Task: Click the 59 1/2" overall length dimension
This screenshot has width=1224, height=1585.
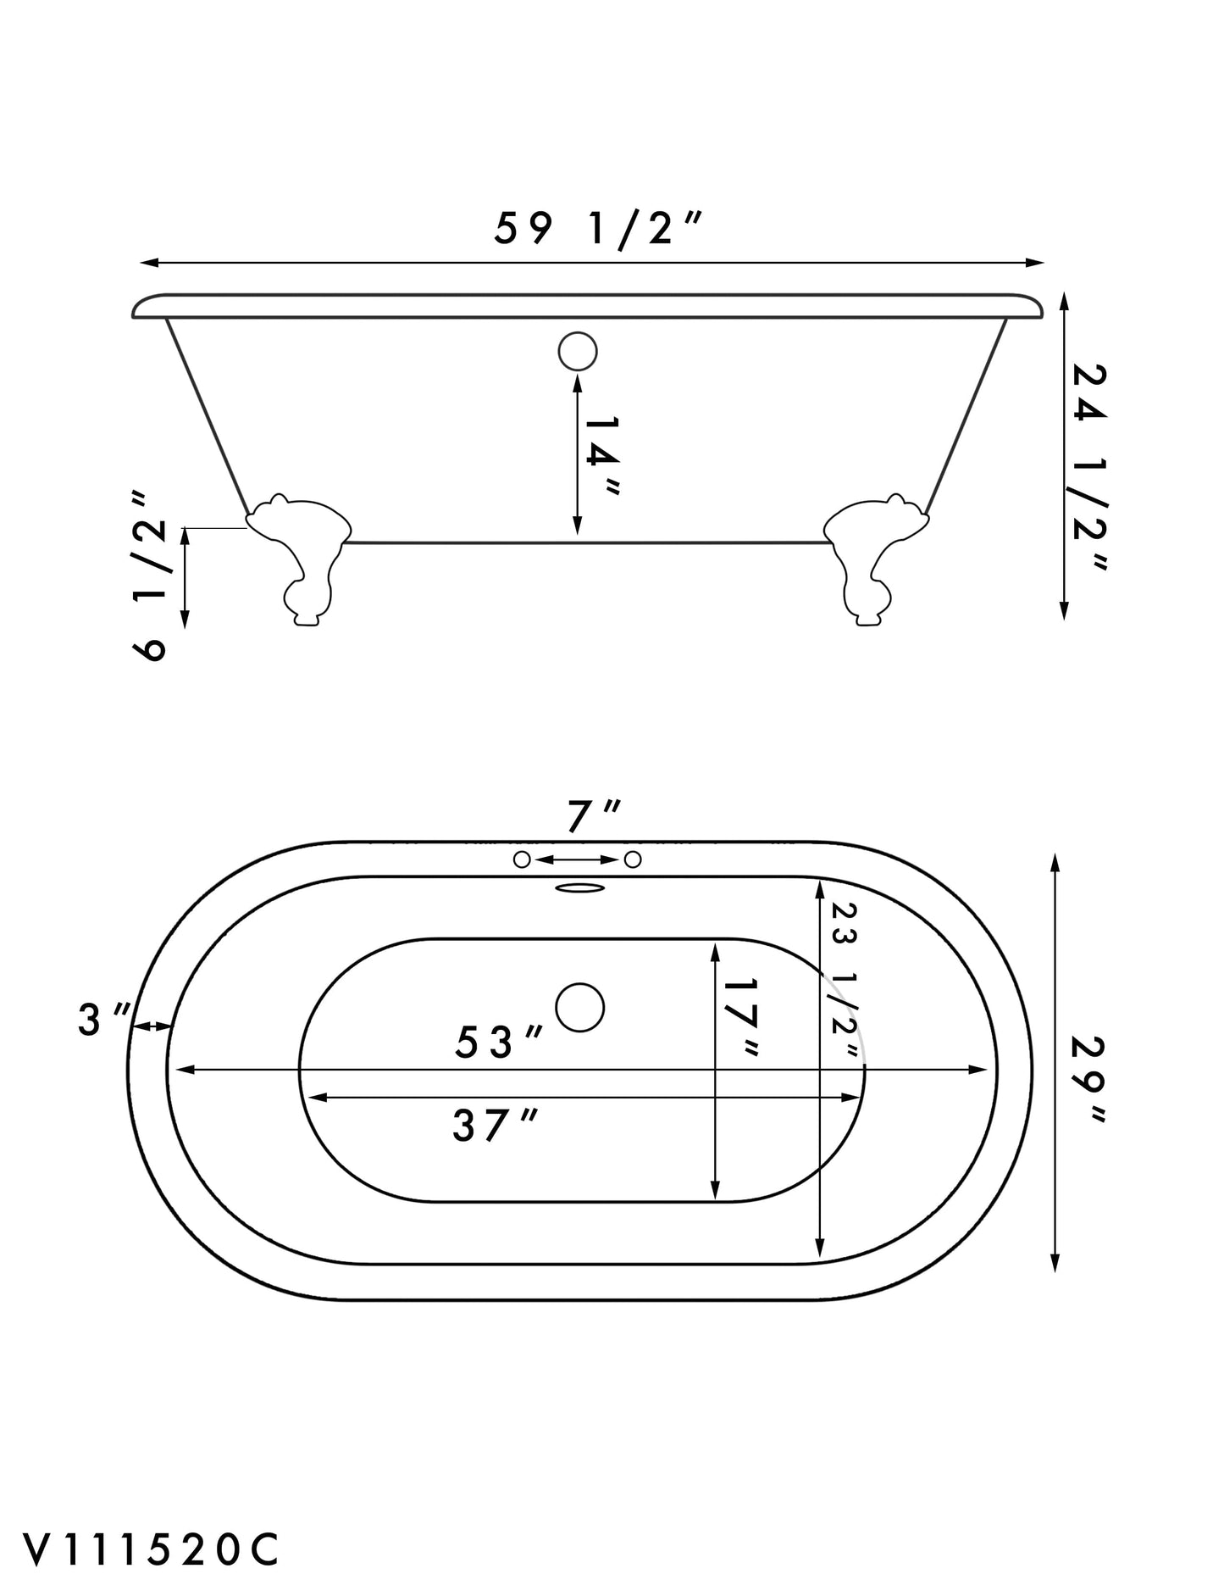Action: [598, 228]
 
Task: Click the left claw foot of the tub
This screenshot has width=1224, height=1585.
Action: [299, 559]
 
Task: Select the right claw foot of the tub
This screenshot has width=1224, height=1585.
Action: [876, 559]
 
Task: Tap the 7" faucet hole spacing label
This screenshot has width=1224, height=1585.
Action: [593, 817]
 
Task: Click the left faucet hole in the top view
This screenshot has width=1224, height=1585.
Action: [523, 859]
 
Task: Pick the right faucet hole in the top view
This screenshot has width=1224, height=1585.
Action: [633, 859]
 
